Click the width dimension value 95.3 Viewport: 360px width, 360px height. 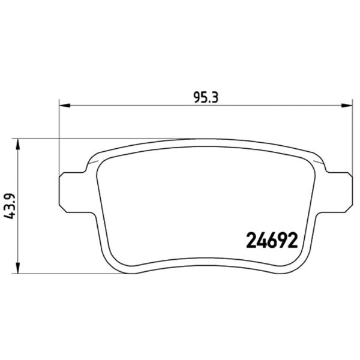coord(205,97)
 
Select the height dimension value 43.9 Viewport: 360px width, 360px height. coord(10,206)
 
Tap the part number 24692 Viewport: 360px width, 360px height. coord(272,241)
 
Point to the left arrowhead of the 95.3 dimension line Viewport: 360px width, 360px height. coord(65,106)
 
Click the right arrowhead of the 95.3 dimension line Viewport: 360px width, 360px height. coord(347,106)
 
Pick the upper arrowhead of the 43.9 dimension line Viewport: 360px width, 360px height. coord(18,144)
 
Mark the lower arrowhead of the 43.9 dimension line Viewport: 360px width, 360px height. coord(18,268)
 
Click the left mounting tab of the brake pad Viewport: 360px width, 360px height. coord(74,192)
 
